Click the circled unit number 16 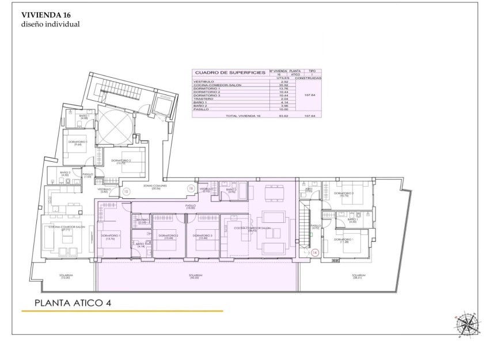click(x=191, y=188)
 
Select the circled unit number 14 click(x=314, y=252)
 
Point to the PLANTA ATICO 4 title click(x=72, y=302)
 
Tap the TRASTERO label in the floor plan click(x=142, y=221)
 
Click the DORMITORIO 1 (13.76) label click(x=111, y=237)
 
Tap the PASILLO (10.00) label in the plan click(x=191, y=206)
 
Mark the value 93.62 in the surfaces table click(x=283, y=116)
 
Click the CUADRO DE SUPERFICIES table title click(x=230, y=73)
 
